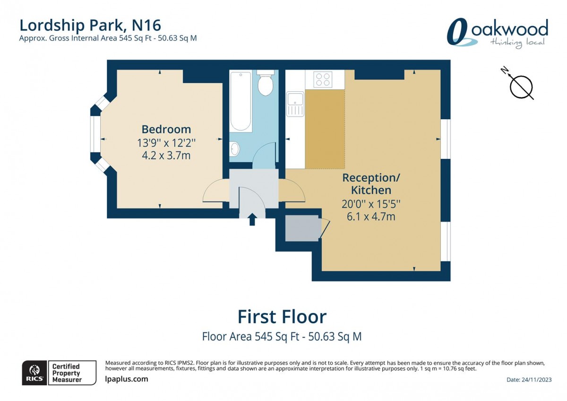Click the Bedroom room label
166,129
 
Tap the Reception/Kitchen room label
371,184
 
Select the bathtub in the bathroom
241,101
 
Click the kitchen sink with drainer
295,104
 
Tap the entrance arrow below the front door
252,218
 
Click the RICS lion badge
34,373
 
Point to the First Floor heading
282,316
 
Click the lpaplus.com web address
126,379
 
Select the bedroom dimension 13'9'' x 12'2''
166,142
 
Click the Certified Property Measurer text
66,373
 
